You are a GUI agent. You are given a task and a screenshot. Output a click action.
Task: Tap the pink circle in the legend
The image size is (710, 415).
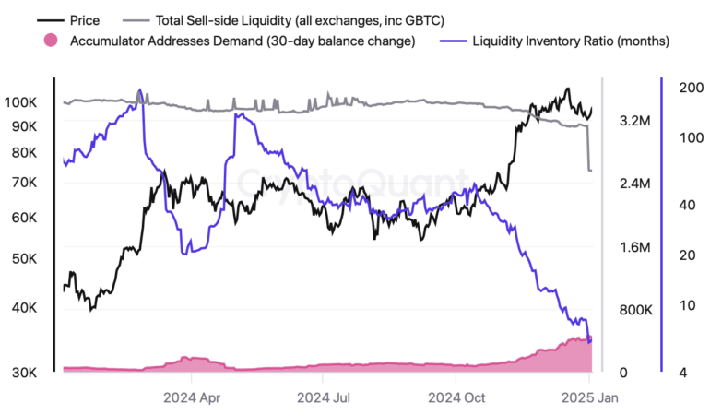coord(51,41)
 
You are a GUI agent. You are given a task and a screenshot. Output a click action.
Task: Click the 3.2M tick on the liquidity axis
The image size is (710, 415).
coord(636,121)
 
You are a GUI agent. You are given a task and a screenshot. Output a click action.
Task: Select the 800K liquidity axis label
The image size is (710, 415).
coord(636,310)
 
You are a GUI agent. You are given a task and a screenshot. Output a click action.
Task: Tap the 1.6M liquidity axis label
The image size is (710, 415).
coord(636,247)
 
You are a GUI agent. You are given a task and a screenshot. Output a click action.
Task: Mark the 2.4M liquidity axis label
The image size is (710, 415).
coord(636,184)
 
